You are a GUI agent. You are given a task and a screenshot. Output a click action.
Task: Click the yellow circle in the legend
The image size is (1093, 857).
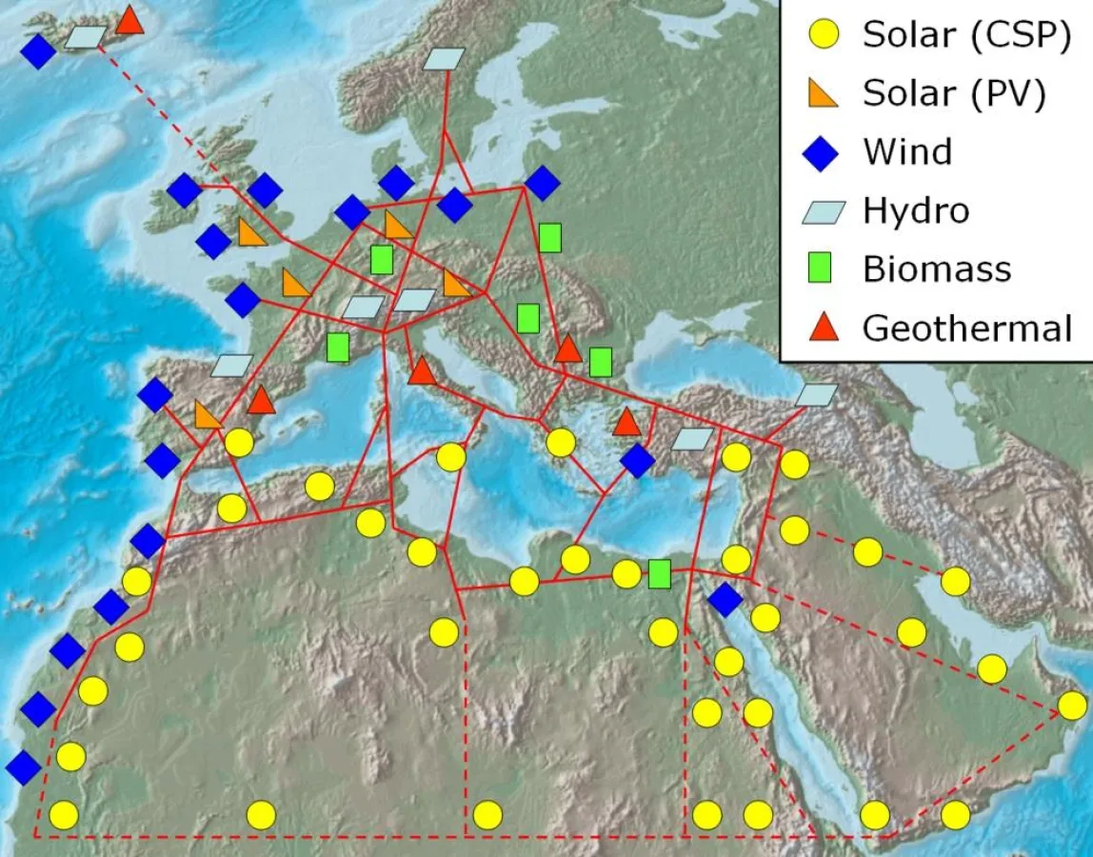(x=825, y=35)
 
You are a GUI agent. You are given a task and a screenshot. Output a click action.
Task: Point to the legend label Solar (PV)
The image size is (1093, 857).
(x=954, y=93)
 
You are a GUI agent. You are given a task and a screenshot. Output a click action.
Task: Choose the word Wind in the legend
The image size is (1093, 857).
(x=906, y=152)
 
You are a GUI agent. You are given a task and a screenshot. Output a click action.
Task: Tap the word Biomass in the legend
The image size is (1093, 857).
(x=937, y=269)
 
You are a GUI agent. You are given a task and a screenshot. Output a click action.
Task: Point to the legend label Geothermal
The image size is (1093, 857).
(x=967, y=329)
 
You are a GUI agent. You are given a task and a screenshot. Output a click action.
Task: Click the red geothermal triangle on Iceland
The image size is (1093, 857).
(x=129, y=20)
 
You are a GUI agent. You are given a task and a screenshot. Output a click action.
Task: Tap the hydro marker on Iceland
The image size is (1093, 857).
(x=86, y=37)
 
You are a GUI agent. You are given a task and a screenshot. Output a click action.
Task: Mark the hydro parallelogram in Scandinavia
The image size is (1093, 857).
(x=444, y=59)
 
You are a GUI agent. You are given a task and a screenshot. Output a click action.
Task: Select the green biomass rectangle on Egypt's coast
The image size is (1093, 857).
(x=659, y=574)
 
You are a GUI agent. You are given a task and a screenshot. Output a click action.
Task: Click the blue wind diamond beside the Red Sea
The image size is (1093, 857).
(x=725, y=599)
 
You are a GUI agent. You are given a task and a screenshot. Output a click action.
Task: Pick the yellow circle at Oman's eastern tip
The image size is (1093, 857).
(x=1072, y=706)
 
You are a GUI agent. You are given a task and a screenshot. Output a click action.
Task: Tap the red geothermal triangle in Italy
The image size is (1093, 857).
(x=421, y=370)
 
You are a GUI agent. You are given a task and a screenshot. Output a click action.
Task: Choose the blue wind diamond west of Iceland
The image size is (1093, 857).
(x=38, y=51)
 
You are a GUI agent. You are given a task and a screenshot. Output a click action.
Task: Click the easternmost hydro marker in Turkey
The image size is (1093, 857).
(x=817, y=394)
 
